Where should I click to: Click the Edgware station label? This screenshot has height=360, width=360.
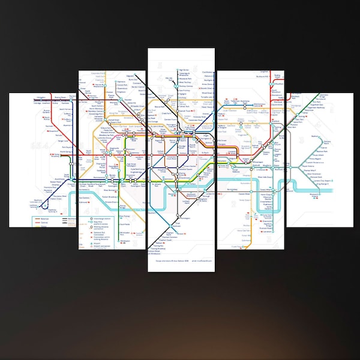pos(145,71)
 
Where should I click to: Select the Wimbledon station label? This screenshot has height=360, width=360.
pos(158,254)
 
